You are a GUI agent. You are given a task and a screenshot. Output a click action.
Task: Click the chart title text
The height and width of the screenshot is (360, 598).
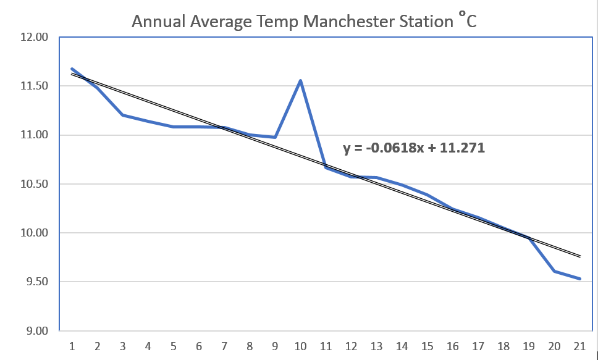pyautogui.click(x=304, y=22)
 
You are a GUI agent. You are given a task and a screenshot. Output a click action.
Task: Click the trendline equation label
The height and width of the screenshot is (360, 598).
pyautogui.click(x=413, y=148)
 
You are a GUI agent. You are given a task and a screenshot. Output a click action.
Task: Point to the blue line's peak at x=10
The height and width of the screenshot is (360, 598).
pyautogui.click(x=301, y=81)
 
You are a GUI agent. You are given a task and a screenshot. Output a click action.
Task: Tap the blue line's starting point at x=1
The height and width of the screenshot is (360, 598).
pyautogui.click(x=72, y=69)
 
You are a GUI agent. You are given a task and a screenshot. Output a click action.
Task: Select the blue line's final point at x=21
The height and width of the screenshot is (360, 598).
pyautogui.click(x=580, y=278)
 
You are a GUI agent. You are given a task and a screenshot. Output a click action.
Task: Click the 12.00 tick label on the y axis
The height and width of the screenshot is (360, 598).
pyautogui.click(x=34, y=37)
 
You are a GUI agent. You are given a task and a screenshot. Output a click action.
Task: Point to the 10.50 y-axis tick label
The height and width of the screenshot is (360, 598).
pyautogui.click(x=34, y=184)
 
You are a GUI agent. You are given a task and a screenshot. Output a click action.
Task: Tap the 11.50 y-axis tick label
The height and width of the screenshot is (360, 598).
pyautogui.click(x=34, y=86)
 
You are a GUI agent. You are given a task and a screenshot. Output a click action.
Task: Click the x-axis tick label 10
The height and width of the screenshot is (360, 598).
pyautogui.click(x=301, y=346)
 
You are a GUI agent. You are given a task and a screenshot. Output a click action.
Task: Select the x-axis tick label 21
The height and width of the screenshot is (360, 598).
pyautogui.click(x=580, y=346)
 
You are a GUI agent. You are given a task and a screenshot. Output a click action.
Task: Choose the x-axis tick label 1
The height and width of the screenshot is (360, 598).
pyautogui.click(x=72, y=346)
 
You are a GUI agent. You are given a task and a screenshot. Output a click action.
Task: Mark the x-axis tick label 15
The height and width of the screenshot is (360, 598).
pyautogui.click(x=428, y=346)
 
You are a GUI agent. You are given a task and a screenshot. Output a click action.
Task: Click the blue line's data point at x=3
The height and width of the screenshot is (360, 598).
pyautogui.click(x=123, y=115)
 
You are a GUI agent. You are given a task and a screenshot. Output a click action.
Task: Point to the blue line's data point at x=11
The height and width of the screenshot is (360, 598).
pyautogui.click(x=326, y=167)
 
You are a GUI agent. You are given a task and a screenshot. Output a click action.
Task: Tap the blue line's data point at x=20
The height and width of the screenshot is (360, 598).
pyautogui.click(x=555, y=271)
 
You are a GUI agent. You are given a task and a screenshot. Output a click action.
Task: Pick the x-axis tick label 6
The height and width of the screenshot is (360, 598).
pyautogui.click(x=199, y=346)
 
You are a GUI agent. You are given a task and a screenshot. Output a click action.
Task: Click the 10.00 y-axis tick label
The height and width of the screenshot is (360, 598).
pyautogui.click(x=34, y=233)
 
